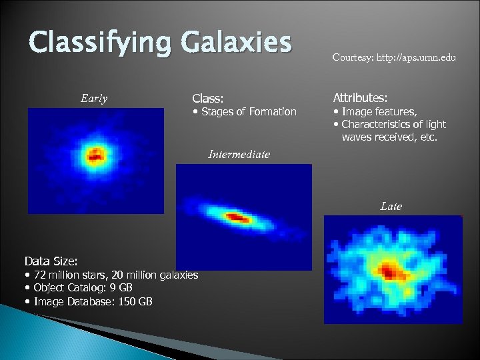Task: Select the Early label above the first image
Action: [x=93, y=99]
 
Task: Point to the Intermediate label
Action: [x=239, y=154]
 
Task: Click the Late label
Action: [x=391, y=207]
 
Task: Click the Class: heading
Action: [x=207, y=98]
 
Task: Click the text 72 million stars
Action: [x=67, y=275]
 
